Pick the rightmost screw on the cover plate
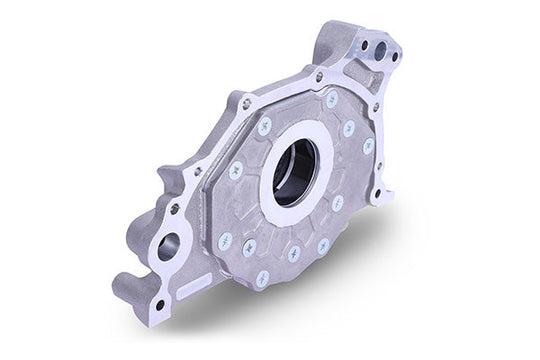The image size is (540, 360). pyautogui.click(x=368, y=146)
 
